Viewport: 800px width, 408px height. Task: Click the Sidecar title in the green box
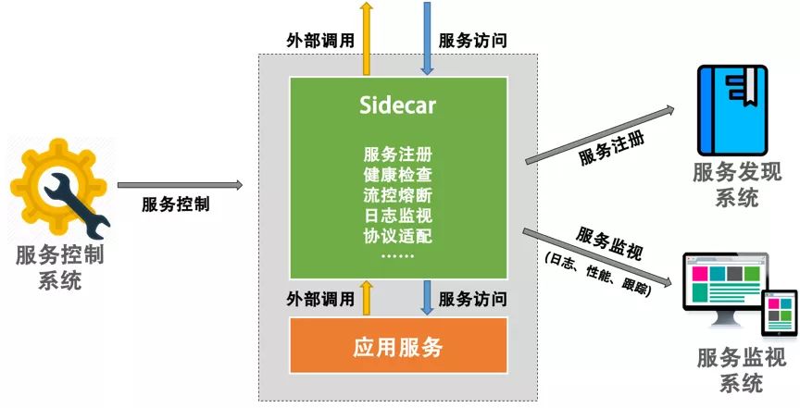397,105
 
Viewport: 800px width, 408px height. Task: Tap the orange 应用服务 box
398,348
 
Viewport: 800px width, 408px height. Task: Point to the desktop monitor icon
720,291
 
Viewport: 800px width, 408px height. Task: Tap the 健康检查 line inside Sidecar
397,174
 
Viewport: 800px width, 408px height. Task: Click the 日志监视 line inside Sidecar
397,215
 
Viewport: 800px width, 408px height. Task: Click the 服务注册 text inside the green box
397,154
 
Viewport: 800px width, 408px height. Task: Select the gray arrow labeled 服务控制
181,185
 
